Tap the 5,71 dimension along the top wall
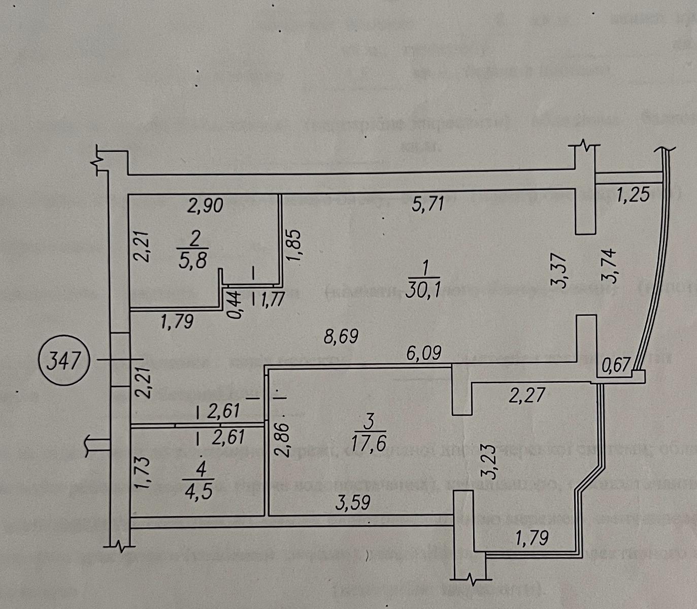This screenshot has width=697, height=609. click(429, 204)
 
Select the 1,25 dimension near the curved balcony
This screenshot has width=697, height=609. click(633, 195)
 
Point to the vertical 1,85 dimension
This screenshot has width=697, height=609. click(295, 247)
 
